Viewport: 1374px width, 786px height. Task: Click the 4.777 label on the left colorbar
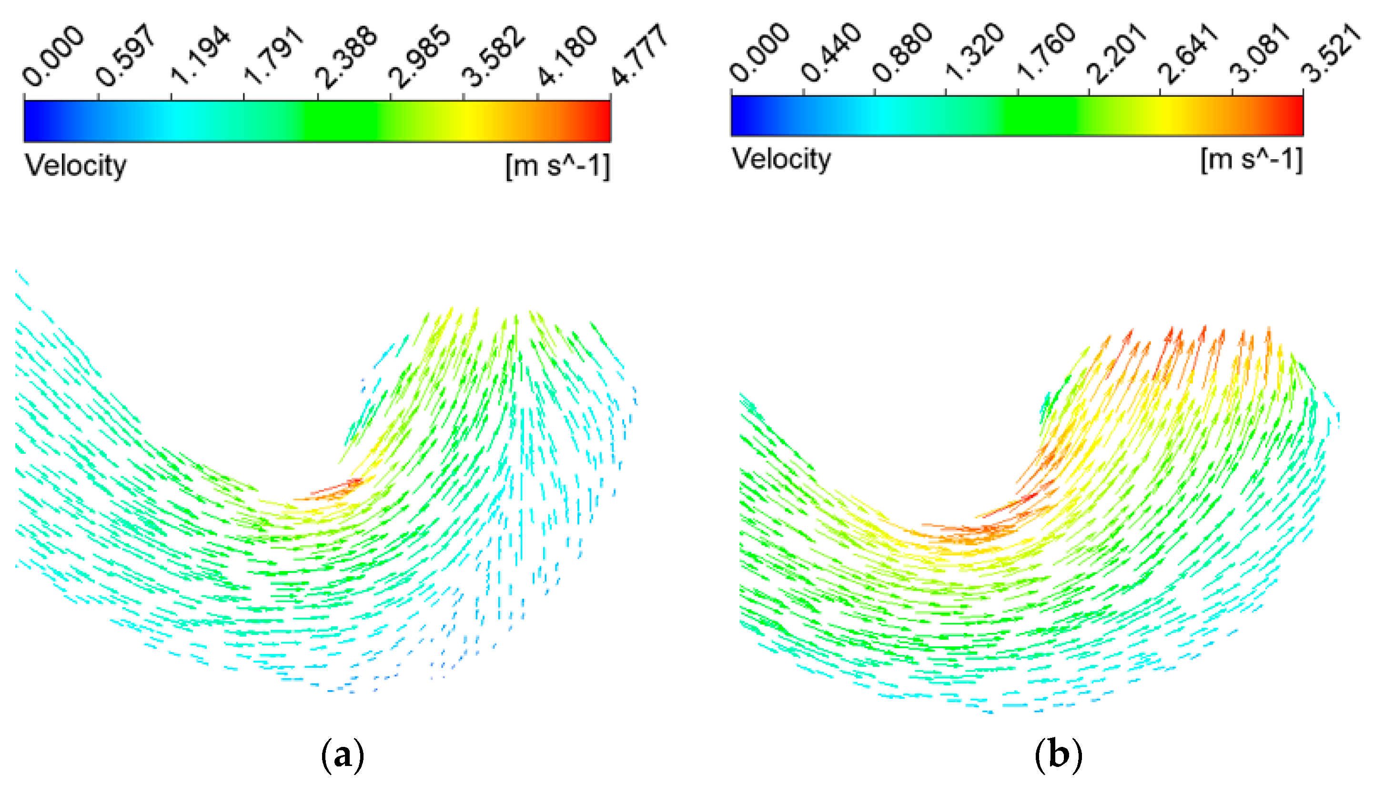tap(640, 55)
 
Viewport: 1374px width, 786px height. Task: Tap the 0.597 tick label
tap(126, 55)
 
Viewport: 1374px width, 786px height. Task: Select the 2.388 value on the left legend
tap(346, 56)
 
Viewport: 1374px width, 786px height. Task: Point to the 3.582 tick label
tap(493, 56)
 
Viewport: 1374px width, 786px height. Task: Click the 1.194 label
tap(200, 56)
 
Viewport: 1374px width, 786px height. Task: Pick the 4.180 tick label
tap(567, 56)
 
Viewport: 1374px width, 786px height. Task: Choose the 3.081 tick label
tap(1260, 53)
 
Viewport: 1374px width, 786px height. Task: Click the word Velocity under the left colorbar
tap(76, 166)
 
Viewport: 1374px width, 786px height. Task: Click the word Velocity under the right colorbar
tap(781, 159)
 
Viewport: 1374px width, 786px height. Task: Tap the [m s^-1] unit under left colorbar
tap(557, 166)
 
